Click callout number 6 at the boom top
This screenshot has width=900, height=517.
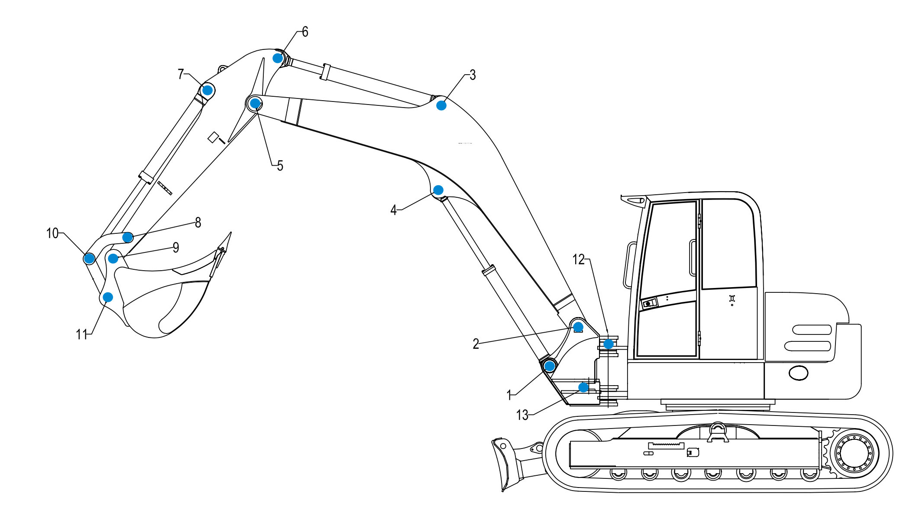tap(305, 32)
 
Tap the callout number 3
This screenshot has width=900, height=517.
tap(473, 75)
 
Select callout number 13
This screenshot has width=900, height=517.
tap(522, 415)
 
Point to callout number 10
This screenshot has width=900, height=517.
tap(52, 233)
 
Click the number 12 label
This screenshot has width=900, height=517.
tap(578, 259)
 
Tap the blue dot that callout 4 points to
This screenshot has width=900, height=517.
tap(438, 190)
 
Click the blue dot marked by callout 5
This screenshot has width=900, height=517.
tap(256, 103)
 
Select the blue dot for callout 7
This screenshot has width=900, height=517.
tap(207, 90)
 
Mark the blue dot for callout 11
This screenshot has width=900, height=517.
tap(108, 297)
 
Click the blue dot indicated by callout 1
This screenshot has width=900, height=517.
tap(550, 366)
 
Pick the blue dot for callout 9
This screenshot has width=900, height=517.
tap(113, 258)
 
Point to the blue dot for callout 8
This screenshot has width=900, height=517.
tap(127, 237)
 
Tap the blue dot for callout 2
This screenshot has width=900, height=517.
tap(578, 327)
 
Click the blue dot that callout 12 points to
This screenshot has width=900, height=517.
tap(609, 344)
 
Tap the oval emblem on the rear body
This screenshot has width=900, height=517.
tap(798, 373)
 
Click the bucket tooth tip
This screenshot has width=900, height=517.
tap(230, 234)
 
